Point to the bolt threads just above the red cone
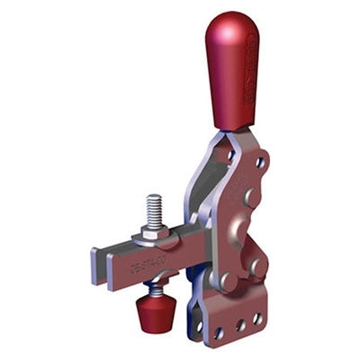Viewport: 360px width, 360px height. tap(154, 291)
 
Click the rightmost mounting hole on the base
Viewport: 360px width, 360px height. tap(257, 319)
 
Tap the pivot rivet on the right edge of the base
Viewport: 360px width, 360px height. tap(259, 266)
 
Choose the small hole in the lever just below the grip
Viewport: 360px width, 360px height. tap(260, 163)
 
